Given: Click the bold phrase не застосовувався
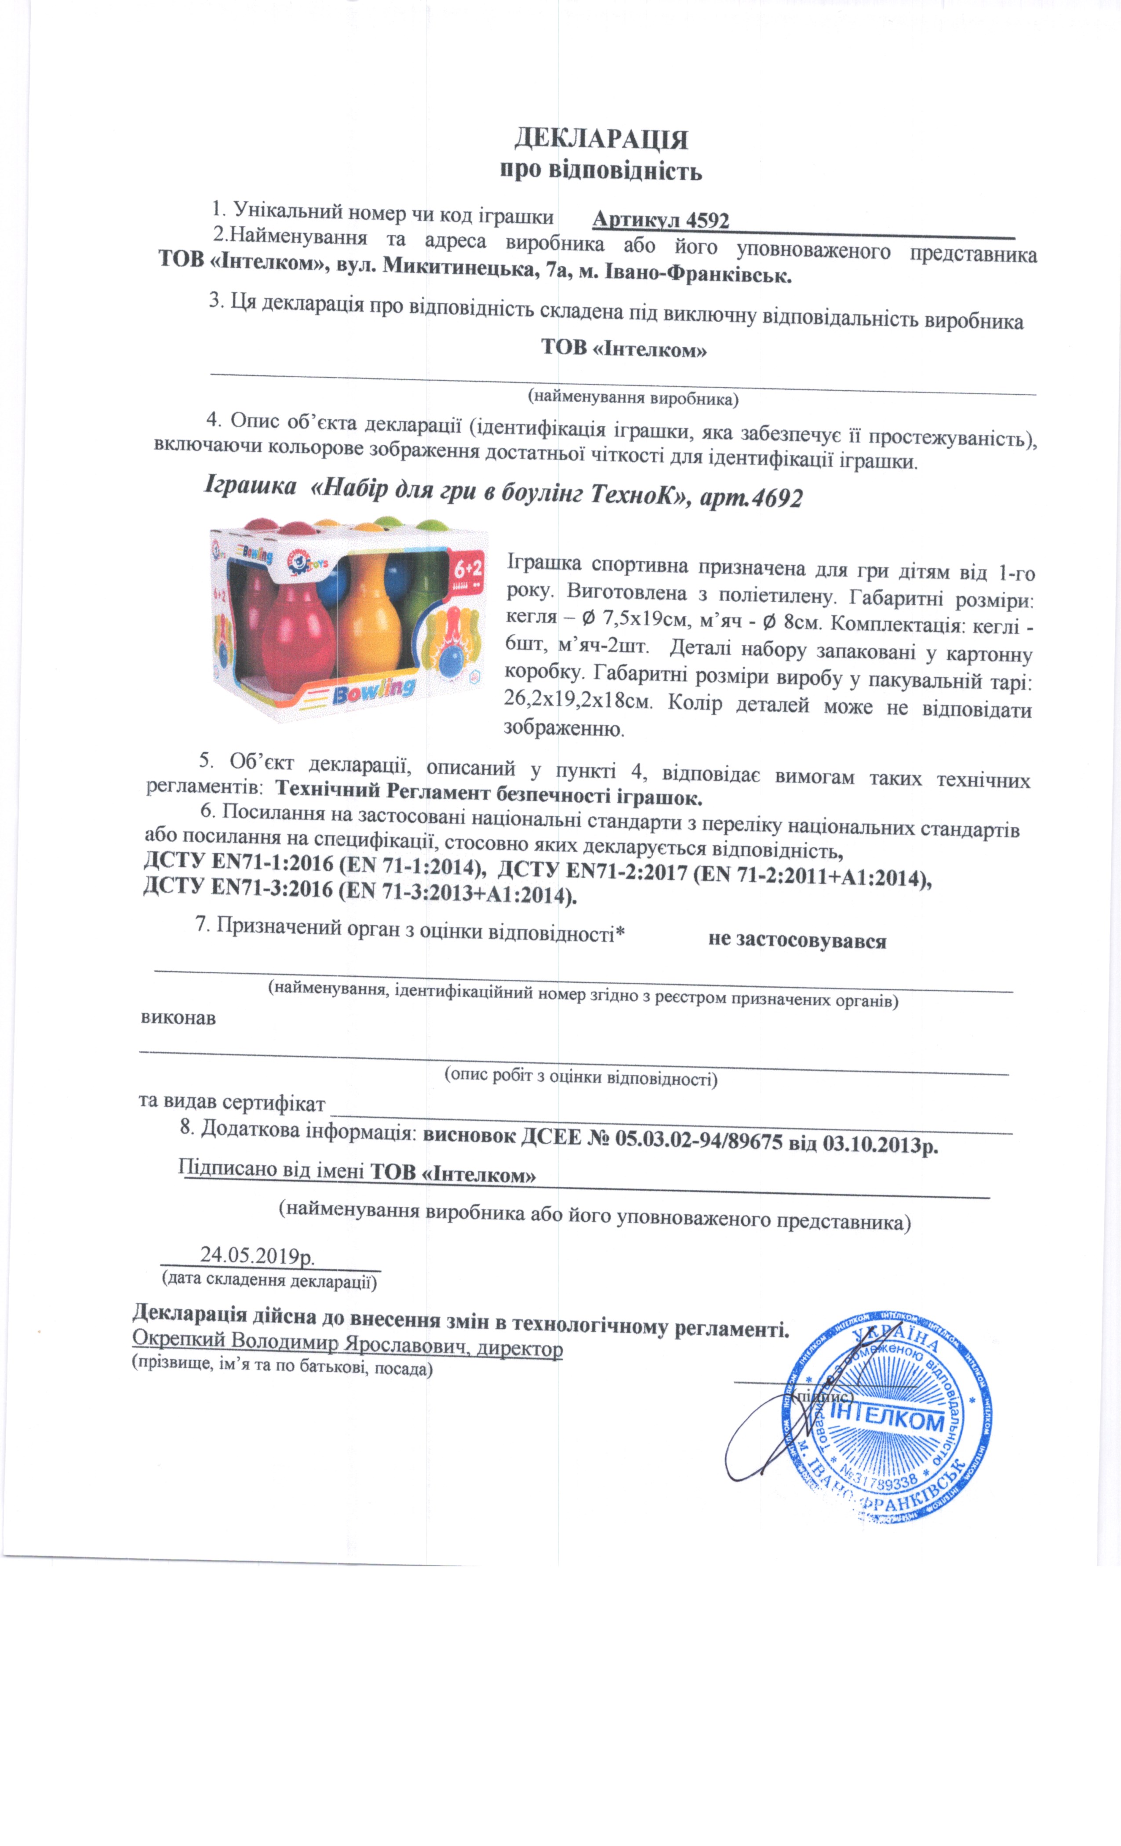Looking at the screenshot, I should [797, 941].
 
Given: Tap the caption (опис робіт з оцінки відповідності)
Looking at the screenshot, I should [581, 1078].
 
